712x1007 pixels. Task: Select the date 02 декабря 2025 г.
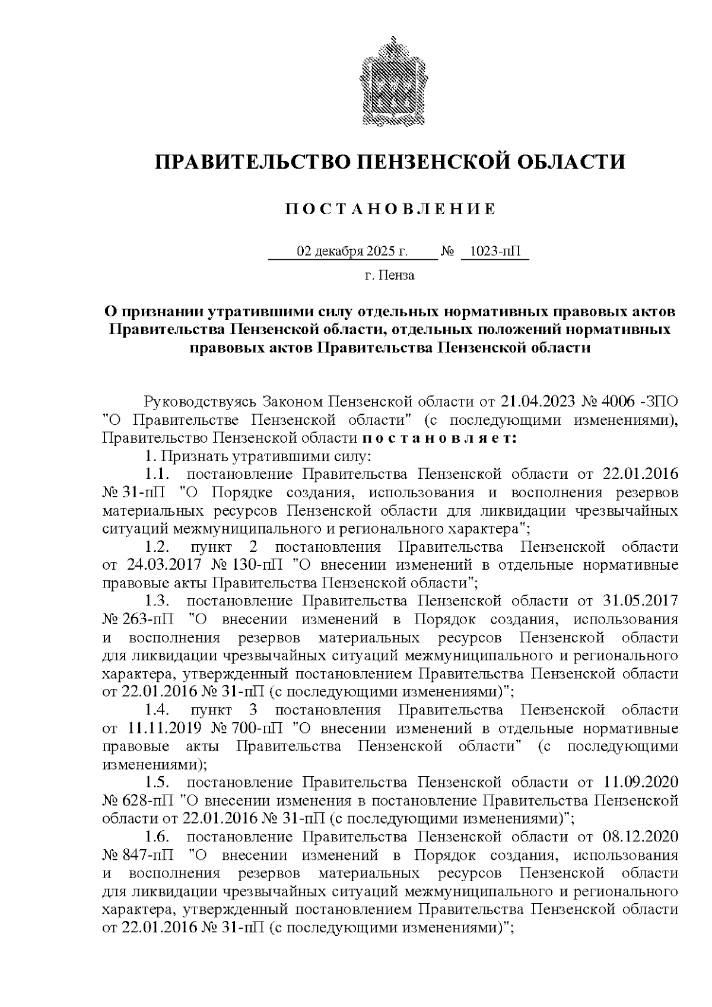pyautogui.click(x=352, y=252)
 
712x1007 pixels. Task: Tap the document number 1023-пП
pyautogui.click(x=494, y=252)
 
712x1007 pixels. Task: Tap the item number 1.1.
pyautogui.click(x=158, y=475)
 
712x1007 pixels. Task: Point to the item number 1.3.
pyautogui.click(x=158, y=601)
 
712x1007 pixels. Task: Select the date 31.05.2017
pyautogui.click(x=640, y=601)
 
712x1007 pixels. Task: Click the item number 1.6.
pyautogui.click(x=158, y=837)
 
